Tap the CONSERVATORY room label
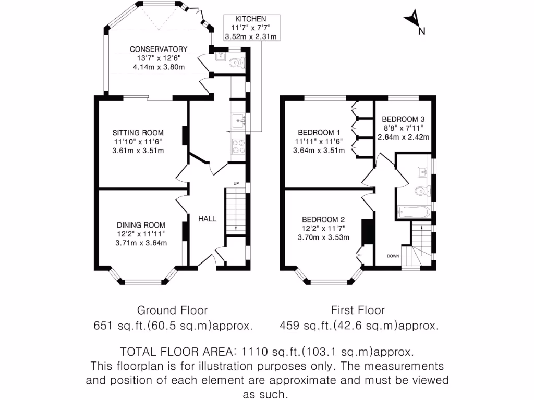[x=158, y=49]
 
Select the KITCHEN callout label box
[x=250, y=28]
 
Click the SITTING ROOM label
[x=138, y=132]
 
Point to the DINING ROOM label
[x=141, y=224]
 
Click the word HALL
[x=207, y=219]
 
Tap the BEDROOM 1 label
[x=319, y=132]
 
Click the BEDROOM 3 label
[x=403, y=119]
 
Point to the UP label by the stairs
[x=236, y=184]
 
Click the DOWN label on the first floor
[x=393, y=256]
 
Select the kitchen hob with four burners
[x=238, y=147]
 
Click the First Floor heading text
[x=358, y=310]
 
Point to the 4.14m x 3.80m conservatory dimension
[x=158, y=67]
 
